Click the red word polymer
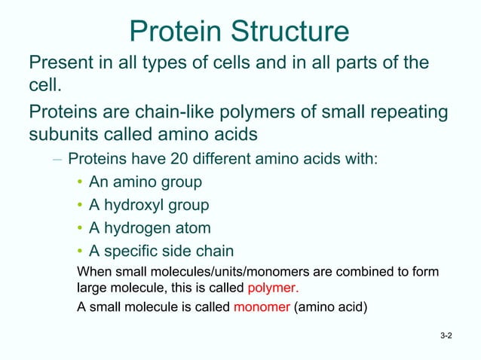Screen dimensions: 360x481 tap(272, 287)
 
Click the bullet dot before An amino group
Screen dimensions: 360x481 tap(79, 182)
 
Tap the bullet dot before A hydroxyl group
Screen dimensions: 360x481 tap(79, 205)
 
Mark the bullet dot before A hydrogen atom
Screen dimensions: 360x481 tap(79, 228)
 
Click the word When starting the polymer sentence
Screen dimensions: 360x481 tap(94, 271)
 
